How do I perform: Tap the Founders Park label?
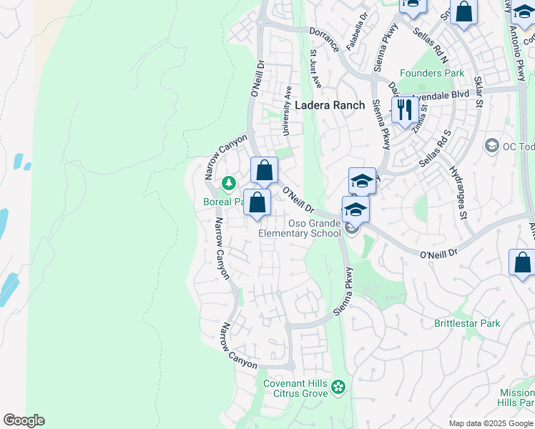[431, 73]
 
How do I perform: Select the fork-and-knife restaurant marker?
[405, 110]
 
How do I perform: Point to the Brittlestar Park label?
[467, 323]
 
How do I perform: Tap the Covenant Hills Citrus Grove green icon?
[338, 388]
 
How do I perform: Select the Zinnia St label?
[421, 115]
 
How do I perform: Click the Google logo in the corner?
[24, 420]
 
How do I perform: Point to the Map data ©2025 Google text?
[490, 423]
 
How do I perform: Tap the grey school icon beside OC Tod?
[491, 146]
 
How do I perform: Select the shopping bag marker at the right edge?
[522, 262]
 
